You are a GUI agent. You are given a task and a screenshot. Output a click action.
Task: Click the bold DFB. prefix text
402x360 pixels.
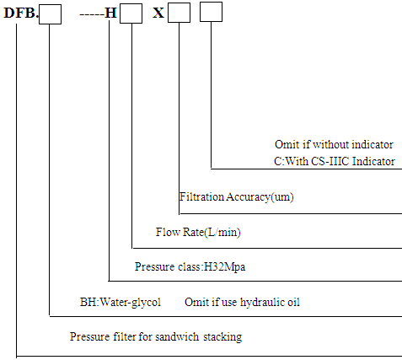pyautogui.click(x=21, y=13)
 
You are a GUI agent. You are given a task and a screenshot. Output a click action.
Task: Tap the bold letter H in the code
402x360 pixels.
pyautogui.click(x=110, y=13)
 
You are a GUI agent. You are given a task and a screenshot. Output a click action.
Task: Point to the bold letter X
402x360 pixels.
pyautogui.click(x=158, y=13)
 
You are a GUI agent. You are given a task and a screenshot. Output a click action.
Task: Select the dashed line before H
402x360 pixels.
pyautogui.click(x=92, y=14)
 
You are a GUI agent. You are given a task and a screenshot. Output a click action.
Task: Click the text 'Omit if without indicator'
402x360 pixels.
pyautogui.click(x=334, y=144)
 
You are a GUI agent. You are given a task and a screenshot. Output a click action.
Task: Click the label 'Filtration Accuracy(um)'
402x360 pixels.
pyautogui.click(x=237, y=196)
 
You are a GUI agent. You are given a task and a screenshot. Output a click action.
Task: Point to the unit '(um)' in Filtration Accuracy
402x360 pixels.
pyautogui.click(x=282, y=197)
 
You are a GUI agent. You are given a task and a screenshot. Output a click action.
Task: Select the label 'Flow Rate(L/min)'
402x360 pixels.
pyautogui.click(x=198, y=232)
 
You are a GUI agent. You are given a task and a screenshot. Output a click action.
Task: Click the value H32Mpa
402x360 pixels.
pyautogui.click(x=224, y=266)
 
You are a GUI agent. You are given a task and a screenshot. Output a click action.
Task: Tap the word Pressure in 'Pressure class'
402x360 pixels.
pyautogui.click(x=151, y=266)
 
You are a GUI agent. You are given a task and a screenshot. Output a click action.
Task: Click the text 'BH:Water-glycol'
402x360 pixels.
pyautogui.click(x=121, y=303)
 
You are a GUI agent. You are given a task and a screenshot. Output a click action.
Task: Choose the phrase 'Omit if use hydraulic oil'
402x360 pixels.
pyautogui.click(x=242, y=303)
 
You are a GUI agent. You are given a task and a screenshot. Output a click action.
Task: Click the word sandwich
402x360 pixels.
pyautogui.click(x=177, y=336)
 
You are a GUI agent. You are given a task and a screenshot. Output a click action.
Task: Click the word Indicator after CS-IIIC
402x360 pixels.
pyautogui.click(x=373, y=161)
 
